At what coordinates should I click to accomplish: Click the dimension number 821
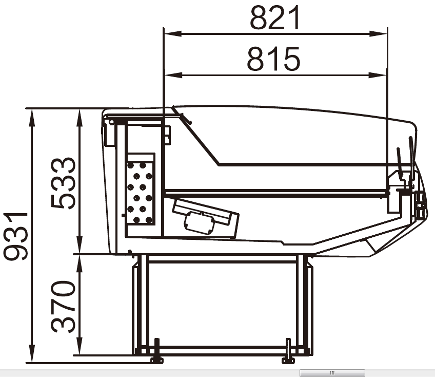coord(275,18)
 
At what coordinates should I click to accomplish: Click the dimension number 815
coord(273,59)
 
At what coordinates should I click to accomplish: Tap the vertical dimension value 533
coord(63,183)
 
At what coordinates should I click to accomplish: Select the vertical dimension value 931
coord(15,236)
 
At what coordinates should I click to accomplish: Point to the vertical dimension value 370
coord(63,307)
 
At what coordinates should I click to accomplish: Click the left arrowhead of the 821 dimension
coord(172,34)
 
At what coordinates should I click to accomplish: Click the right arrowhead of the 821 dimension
coord(379,34)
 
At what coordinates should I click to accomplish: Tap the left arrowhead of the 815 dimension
coord(173,75)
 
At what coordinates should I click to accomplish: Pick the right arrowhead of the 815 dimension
coord(378,75)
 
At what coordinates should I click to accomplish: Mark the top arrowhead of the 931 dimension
coord(32,118)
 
